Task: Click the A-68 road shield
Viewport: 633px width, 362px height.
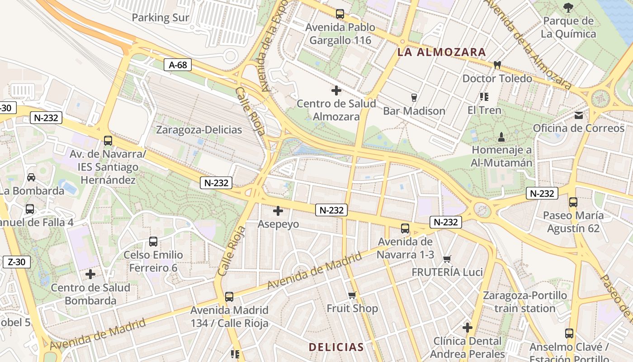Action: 178,65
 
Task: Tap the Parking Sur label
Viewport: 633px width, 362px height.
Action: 161,18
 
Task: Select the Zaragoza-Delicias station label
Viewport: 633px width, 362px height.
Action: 199,130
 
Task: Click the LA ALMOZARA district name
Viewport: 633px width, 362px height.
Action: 441,52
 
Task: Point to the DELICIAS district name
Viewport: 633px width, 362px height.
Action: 336,347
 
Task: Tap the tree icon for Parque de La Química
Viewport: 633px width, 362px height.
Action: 568,7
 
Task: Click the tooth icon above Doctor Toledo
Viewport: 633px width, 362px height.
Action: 497,65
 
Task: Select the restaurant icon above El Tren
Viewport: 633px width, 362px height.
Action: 484,97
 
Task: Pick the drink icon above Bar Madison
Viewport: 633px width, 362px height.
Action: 414,98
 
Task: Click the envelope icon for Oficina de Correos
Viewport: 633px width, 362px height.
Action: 579,115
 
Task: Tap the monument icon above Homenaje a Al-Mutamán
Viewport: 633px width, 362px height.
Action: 501,137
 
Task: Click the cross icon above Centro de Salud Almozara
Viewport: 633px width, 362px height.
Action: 336,90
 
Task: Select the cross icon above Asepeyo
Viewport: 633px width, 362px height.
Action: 278,211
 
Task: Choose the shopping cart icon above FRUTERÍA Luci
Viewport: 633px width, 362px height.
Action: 447,259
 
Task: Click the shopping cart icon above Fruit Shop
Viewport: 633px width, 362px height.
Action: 352,295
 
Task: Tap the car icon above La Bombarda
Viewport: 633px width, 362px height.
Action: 31,177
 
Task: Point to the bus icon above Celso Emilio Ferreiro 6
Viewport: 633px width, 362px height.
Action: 153,242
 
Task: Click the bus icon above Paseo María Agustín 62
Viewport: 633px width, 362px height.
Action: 573,202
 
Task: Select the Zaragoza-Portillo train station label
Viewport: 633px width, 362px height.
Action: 524,302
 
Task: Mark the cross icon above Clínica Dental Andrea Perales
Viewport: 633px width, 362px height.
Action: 468,328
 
